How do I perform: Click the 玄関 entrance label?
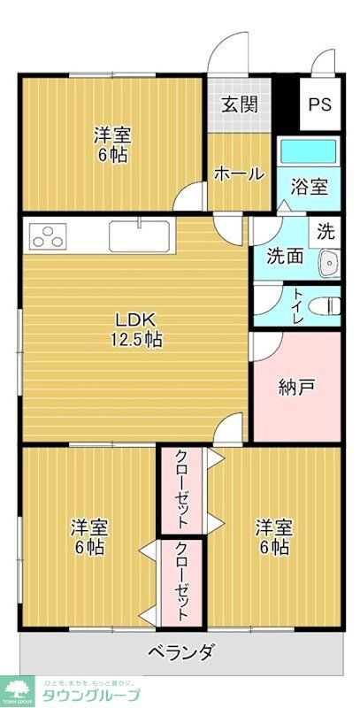(x=239, y=104)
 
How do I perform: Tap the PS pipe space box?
(x=318, y=104)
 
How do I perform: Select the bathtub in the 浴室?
(x=308, y=150)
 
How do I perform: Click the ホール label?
(x=239, y=173)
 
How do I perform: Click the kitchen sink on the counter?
(x=139, y=237)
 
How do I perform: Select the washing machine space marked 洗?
(x=326, y=233)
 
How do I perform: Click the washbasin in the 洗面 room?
(x=330, y=262)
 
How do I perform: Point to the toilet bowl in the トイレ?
(x=328, y=306)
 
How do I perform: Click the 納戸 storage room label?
(x=295, y=386)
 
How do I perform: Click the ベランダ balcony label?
(x=180, y=653)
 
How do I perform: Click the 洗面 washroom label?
(x=285, y=258)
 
